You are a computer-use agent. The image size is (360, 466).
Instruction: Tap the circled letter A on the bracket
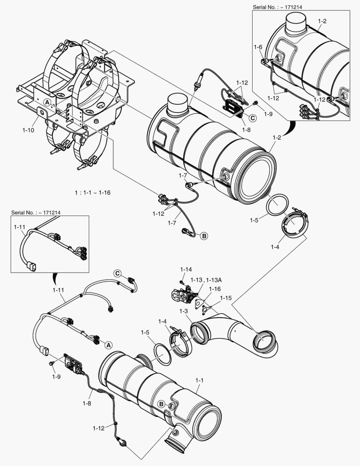[x=47, y=101]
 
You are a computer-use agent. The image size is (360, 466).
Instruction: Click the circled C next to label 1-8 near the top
[x=253, y=117]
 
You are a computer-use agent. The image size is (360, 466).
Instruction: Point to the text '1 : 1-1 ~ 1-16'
[x=91, y=192]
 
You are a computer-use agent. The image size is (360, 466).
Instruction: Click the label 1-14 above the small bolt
[x=186, y=270]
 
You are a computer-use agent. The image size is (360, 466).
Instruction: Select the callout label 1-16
[x=214, y=289]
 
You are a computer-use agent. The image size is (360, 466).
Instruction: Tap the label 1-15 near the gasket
[x=225, y=298]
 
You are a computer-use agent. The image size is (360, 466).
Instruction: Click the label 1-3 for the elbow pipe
[x=184, y=311]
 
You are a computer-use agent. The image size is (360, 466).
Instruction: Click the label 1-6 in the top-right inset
[x=258, y=47]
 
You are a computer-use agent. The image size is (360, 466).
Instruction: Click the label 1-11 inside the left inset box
[x=19, y=226]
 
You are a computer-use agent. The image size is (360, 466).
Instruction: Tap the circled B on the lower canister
[x=161, y=404]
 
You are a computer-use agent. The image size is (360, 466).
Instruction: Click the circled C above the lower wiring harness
[x=118, y=273]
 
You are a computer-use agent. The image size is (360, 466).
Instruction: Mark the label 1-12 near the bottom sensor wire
[x=99, y=428]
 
